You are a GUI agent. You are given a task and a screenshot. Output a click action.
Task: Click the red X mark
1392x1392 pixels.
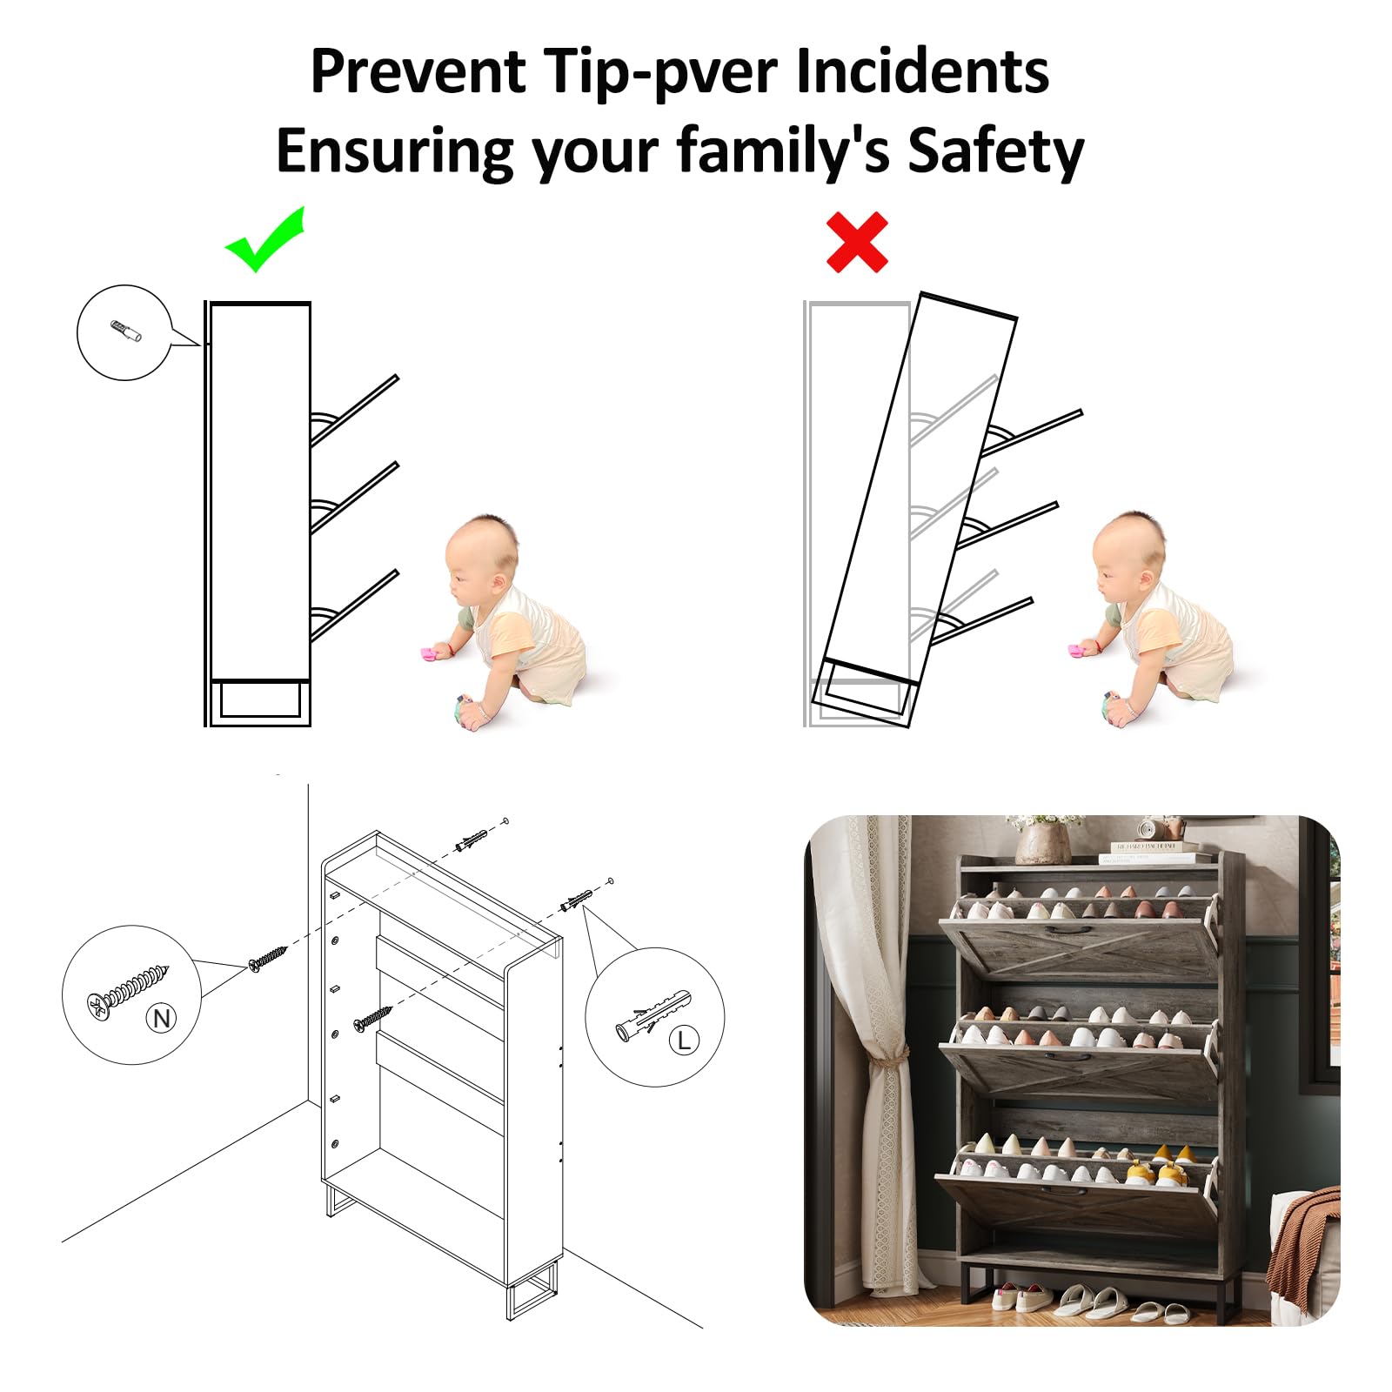click(857, 242)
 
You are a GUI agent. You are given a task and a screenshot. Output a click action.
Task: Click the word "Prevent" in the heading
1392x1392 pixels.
click(418, 70)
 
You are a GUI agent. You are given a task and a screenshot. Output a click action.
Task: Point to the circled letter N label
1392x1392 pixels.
click(161, 1017)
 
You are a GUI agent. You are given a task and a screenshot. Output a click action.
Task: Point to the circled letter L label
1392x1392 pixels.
click(684, 1039)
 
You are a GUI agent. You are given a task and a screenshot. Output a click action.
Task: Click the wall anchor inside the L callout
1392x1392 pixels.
click(652, 1014)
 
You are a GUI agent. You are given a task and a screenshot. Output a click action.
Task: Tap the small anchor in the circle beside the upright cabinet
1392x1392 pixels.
click(126, 331)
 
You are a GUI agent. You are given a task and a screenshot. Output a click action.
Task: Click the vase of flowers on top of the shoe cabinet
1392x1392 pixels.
click(1043, 837)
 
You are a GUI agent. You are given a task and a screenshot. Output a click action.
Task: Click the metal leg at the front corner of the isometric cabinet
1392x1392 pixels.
click(532, 1291)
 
